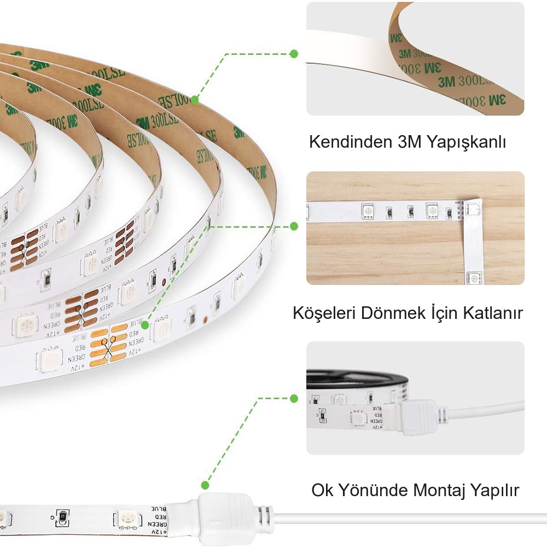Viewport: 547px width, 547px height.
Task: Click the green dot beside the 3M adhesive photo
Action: tap(294, 54)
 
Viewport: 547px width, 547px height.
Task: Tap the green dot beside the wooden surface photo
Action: tap(294, 226)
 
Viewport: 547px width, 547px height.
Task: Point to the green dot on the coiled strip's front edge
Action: tap(145, 325)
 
